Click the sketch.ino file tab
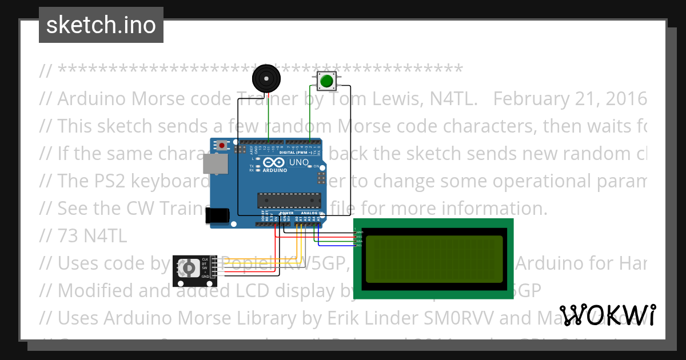pos(101,25)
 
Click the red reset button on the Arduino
pos(221,146)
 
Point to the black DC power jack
pos(217,215)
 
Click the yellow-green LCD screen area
pos(434,259)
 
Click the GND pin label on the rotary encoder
pos(205,277)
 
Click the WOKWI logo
pos(608,315)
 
